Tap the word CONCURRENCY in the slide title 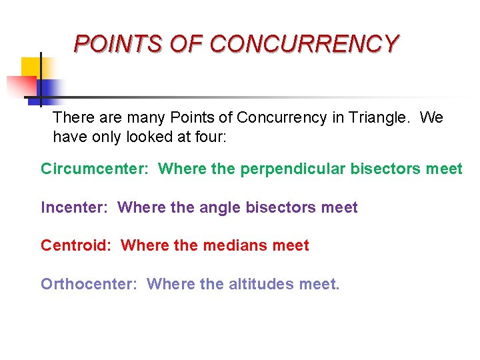coord(304,44)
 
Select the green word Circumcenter coord(96,169)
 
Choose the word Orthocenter coord(89,285)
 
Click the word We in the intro coord(431,118)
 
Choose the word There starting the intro coord(75,118)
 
